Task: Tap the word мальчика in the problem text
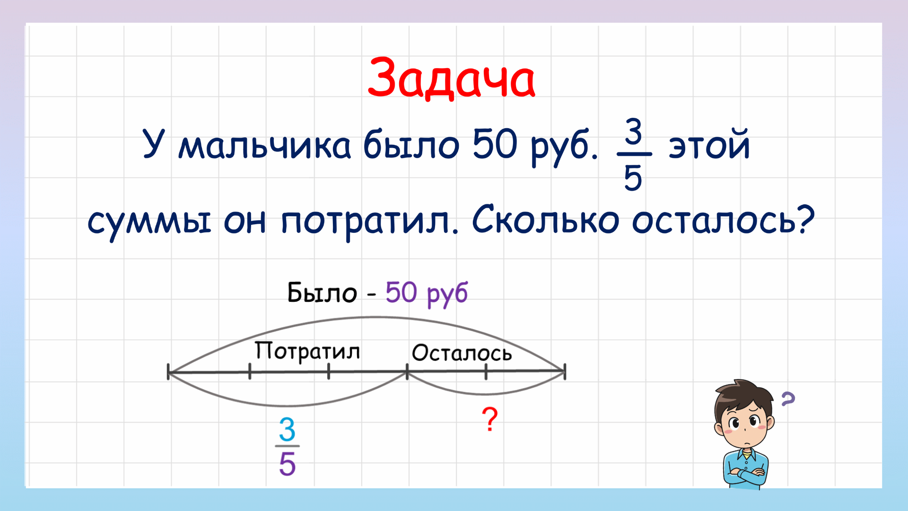tap(264, 145)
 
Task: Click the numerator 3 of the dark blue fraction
tap(634, 131)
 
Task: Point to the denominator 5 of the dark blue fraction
tap(633, 178)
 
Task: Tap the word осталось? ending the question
tap(724, 220)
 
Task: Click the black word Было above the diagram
tap(322, 293)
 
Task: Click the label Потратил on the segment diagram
tap(307, 352)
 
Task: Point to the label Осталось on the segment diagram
tap(462, 353)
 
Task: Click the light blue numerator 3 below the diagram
tap(287, 430)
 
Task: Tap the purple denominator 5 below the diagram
tap(287, 464)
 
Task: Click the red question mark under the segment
tap(490, 419)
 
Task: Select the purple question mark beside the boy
tap(788, 399)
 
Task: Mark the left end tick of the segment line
tap(169, 372)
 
